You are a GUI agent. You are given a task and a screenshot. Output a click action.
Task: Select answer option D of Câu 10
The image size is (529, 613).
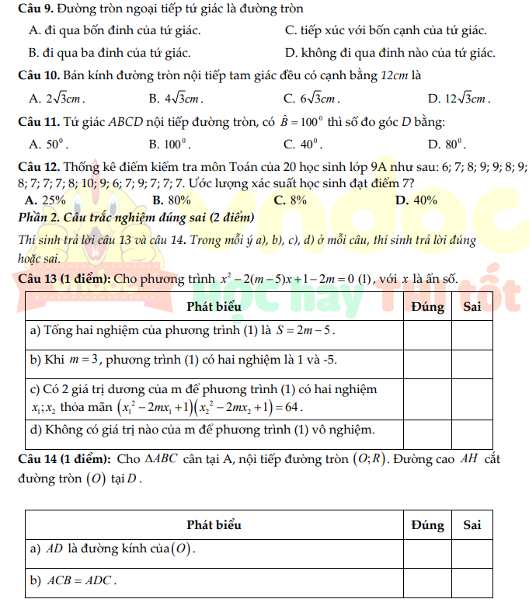459,99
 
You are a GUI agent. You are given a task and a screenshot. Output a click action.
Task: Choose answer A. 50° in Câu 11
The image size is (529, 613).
49,144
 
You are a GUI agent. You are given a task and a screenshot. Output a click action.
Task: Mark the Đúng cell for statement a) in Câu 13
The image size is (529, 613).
427,331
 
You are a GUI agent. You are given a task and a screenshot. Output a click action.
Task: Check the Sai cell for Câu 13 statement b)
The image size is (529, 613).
472,361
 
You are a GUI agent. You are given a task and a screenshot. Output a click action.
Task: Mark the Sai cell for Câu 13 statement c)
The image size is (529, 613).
472,396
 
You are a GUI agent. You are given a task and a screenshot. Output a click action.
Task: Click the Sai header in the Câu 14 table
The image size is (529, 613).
472,524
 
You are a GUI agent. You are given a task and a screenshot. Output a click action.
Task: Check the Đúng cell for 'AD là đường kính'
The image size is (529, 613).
427,552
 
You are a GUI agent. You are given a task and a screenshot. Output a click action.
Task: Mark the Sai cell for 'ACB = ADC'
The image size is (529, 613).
472,581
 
